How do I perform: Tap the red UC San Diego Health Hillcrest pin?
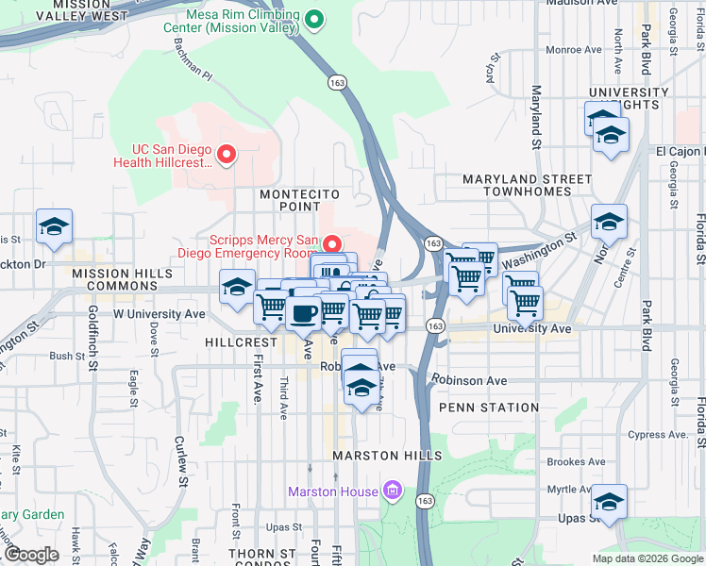[x=227, y=154]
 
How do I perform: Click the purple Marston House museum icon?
[x=394, y=491]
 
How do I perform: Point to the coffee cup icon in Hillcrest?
[x=304, y=313]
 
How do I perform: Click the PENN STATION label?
[x=488, y=408]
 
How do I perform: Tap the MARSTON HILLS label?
[x=387, y=456]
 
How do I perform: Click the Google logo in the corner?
[x=31, y=555]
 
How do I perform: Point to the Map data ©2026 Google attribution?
[x=647, y=558]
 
